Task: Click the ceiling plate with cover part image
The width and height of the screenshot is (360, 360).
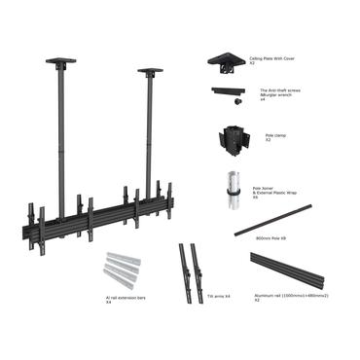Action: [x=226, y=61]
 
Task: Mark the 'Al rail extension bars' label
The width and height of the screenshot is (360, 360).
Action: [x=126, y=300]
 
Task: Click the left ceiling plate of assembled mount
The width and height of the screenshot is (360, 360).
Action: [x=61, y=64]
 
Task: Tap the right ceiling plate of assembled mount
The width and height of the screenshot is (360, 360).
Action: [x=150, y=72]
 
